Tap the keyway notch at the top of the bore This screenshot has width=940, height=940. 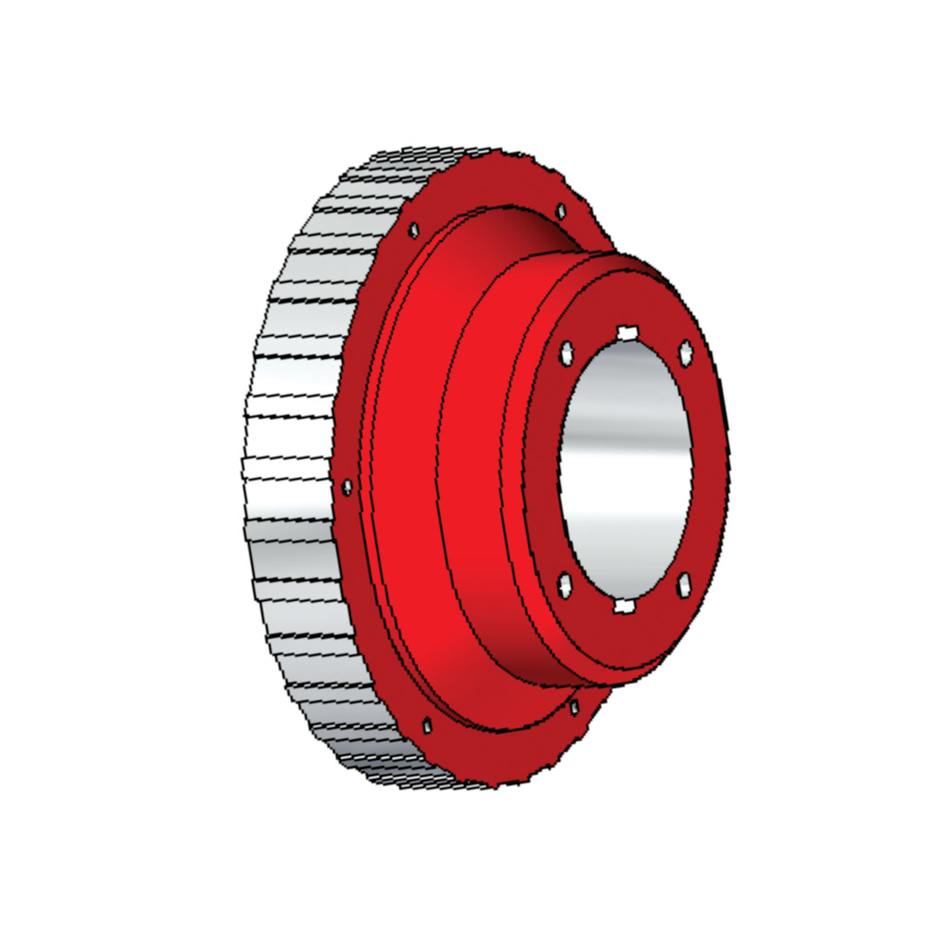628,332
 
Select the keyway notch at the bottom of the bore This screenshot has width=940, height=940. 624,606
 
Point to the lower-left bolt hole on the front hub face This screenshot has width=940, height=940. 566,586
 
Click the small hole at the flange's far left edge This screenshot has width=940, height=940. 347,487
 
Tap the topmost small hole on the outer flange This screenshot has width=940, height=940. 561,211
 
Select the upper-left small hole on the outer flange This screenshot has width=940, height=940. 414,231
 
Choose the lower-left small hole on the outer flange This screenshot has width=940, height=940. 426,724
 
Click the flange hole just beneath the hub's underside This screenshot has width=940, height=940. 573,708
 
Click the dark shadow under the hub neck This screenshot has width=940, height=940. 531,670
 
